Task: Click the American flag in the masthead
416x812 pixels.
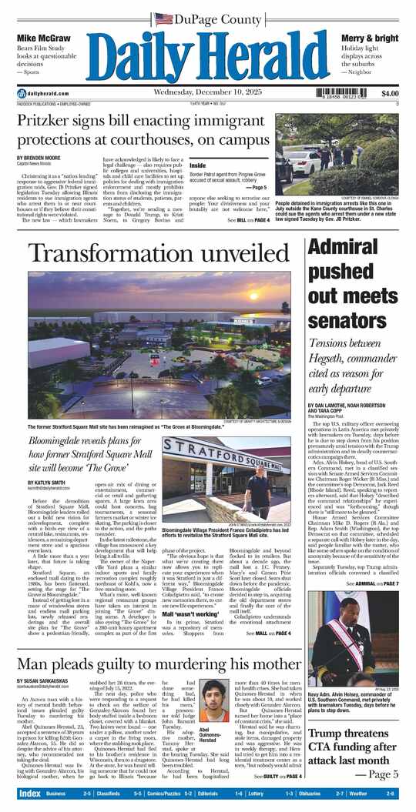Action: click(x=163, y=18)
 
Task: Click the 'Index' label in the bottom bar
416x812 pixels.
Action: click(x=30, y=793)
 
